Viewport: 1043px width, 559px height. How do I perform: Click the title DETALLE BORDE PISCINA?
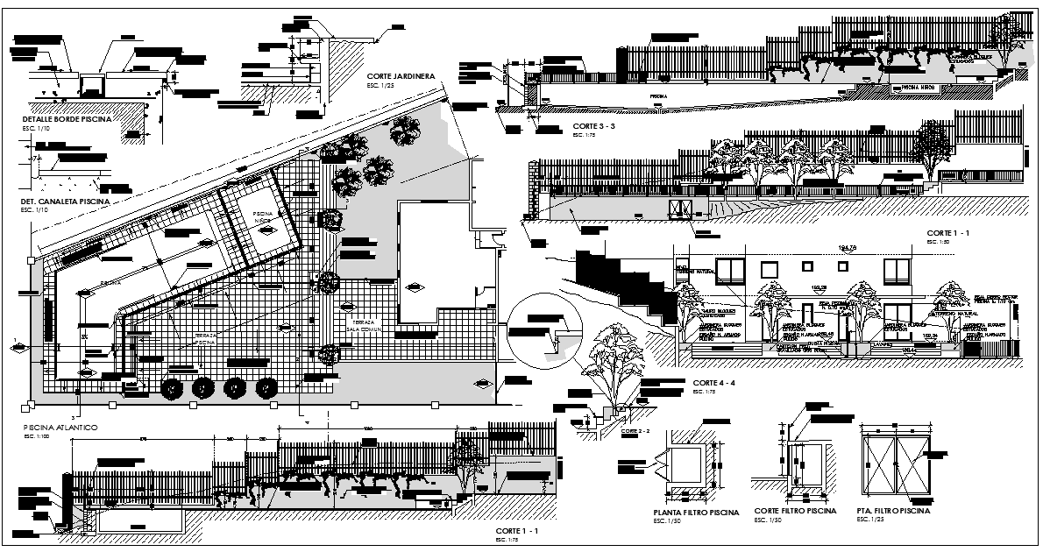67,119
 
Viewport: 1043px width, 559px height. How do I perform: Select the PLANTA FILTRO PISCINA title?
696,513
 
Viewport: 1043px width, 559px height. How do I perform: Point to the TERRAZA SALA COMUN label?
364,327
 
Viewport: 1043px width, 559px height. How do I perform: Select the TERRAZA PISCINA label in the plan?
204,340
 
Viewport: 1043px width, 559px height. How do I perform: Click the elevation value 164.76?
847,247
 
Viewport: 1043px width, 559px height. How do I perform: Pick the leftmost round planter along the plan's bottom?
174,387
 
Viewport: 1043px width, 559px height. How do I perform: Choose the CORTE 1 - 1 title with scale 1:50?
947,234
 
